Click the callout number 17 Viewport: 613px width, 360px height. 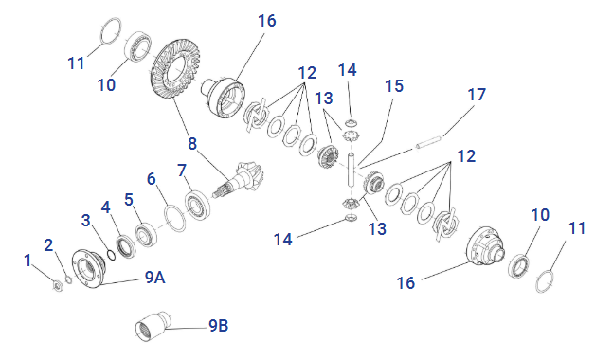477,95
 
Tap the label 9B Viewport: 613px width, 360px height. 218,325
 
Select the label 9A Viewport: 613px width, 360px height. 154,278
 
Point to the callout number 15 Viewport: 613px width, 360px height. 394,86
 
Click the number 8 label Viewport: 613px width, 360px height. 192,143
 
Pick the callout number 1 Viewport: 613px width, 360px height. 27,261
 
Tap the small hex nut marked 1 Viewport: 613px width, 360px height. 58,286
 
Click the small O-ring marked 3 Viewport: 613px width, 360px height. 111,255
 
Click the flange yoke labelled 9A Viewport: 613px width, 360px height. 89,268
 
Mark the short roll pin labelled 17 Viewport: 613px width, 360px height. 428,142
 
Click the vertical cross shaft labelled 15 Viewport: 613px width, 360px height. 352,170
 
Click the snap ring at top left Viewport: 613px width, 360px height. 111,31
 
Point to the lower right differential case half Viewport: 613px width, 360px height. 486,246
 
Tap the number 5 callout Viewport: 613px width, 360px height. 129,199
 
